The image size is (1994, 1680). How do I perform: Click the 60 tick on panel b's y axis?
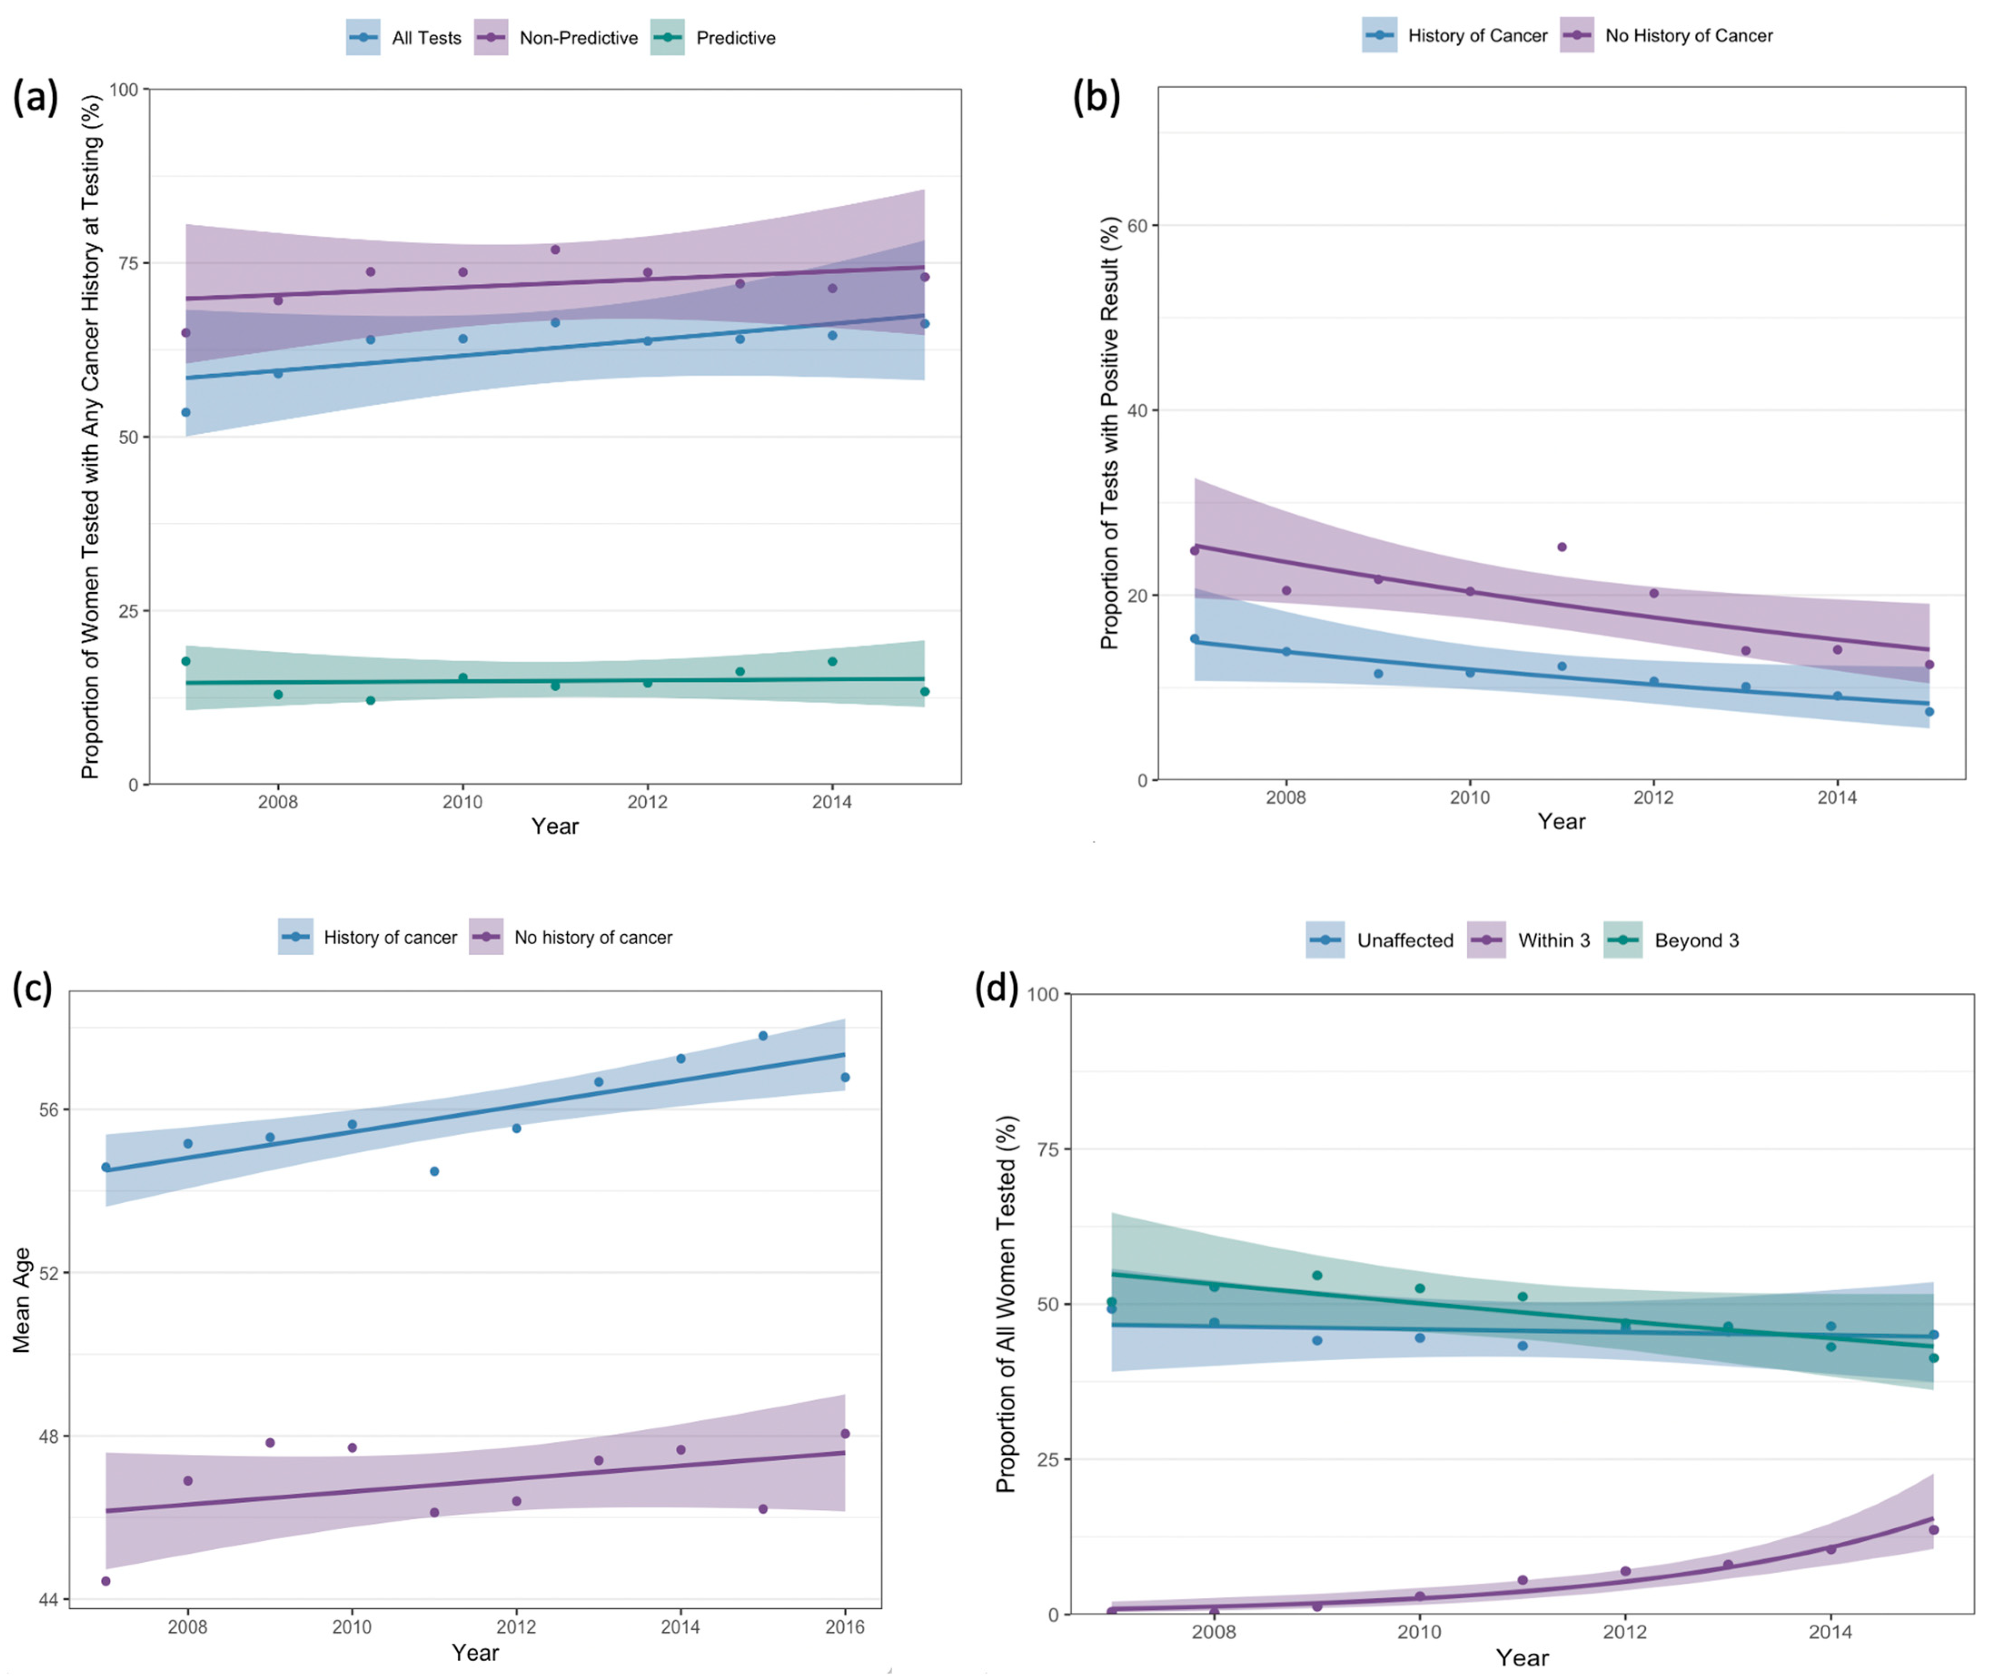[x=1137, y=226]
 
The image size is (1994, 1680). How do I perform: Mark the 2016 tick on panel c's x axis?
[x=845, y=1627]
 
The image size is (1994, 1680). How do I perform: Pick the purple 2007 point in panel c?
[x=106, y=1581]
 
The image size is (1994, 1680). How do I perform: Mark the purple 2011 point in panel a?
[x=555, y=249]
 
